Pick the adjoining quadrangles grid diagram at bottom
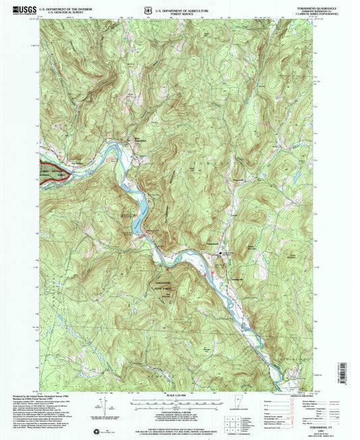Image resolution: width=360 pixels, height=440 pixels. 234,420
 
